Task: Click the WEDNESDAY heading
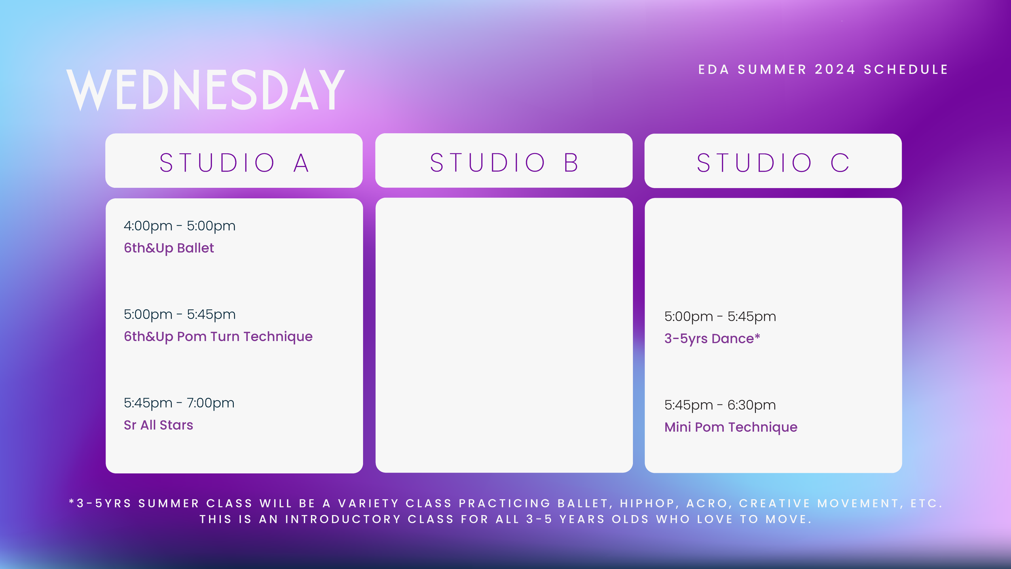coord(205,89)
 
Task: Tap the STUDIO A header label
coord(234,163)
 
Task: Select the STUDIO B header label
coord(504,163)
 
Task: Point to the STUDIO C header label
coord(773,163)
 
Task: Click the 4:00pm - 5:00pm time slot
coord(180,226)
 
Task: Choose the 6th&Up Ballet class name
coord(169,248)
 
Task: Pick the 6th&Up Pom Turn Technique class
coord(218,336)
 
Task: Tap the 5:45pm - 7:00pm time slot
coord(179,403)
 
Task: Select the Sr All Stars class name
coord(158,425)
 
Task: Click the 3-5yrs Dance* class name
coord(709,338)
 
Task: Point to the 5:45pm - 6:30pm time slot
coord(720,405)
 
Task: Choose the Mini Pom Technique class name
coord(730,427)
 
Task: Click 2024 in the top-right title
coord(835,70)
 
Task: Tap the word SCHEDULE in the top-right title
coord(906,70)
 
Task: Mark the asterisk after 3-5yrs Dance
coord(757,336)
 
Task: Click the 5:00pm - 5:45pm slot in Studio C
coord(720,316)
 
